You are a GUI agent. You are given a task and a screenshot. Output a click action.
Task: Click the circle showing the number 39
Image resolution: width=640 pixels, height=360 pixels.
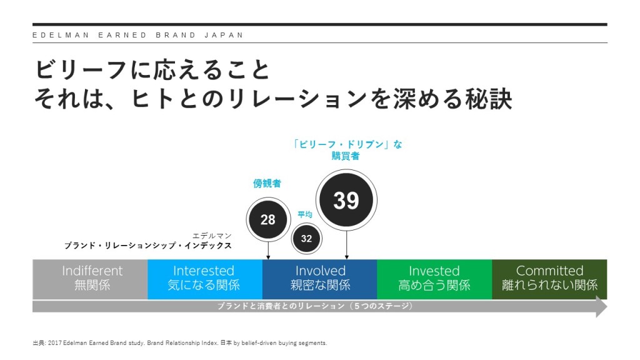tap(346, 200)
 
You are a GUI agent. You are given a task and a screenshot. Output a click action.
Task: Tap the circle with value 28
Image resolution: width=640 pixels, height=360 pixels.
tap(267, 219)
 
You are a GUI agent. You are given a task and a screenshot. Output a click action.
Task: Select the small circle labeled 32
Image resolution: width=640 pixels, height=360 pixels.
tap(306, 238)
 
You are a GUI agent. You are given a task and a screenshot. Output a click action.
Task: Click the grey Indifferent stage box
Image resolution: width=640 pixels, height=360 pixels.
tap(90, 278)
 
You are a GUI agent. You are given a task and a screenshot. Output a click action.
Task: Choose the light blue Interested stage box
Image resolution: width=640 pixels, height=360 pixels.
tap(204, 278)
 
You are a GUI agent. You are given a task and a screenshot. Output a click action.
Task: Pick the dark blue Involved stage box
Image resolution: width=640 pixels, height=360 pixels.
tap(319, 278)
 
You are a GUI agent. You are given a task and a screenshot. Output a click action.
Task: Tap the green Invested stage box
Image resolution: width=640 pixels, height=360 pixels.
tap(434, 278)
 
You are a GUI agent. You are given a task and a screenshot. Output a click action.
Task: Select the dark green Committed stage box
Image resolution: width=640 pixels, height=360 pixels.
tap(549, 278)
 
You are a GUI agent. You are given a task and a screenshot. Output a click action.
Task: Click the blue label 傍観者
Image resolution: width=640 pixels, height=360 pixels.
tap(267, 184)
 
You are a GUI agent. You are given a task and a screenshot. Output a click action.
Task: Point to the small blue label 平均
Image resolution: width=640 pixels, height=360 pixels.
tap(305, 214)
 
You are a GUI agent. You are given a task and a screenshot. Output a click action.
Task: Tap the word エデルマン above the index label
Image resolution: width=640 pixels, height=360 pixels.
tap(212, 236)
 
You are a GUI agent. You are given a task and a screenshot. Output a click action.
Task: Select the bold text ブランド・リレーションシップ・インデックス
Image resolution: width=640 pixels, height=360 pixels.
tap(148, 246)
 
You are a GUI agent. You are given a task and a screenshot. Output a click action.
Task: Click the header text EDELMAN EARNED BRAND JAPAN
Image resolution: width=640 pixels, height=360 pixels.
tap(138, 35)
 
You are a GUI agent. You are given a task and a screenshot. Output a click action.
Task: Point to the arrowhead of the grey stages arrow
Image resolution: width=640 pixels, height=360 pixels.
tap(601, 307)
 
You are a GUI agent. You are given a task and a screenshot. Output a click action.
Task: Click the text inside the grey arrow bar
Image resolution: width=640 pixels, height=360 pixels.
tap(315, 307)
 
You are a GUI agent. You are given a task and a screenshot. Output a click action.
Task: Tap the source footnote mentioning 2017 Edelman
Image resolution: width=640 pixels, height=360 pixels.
tap(180, 343)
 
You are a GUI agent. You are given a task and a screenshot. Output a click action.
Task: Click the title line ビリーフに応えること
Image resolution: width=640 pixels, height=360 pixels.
tap(153, 70)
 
